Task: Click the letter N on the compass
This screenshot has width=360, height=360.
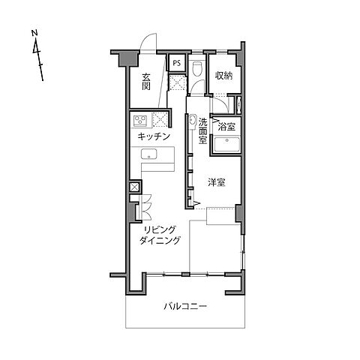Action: pos(34,33)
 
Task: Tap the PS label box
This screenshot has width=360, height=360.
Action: pos(177,63)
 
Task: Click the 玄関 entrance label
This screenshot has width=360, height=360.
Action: pos(146,82)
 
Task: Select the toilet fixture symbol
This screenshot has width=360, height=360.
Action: pos(198,68)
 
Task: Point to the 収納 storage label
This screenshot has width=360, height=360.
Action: pos(224,76)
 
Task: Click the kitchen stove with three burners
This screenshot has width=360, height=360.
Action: pos(140,121)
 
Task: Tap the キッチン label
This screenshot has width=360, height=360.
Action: pos(154,136)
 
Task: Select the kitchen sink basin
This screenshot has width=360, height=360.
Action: pos(148,154)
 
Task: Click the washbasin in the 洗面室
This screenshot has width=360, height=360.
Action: pos(192,121)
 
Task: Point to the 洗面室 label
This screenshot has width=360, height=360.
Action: pos(202,130)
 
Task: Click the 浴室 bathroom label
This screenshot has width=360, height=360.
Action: pos(226,127)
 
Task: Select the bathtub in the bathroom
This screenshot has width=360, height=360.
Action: pos(227,144)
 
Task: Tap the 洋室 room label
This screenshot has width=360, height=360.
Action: pos(217,182)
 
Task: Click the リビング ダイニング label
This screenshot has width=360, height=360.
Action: pos(160,235)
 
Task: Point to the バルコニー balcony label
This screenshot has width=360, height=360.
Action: pos(185,306)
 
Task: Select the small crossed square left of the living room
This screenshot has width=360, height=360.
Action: pos(134,187)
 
